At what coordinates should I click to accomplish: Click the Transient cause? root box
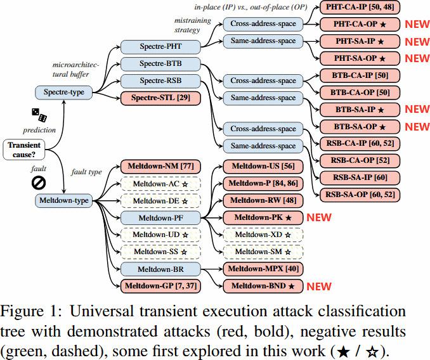pos(24,150)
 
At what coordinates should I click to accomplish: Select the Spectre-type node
pos(64,93)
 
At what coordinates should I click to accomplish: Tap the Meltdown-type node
pos(64,200)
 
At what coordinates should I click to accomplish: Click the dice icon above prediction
pos(39,115)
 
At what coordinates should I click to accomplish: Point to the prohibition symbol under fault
pos(39,183)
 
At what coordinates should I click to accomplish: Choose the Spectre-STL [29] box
pos(160,98)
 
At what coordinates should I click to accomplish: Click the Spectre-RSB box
pos(160,81)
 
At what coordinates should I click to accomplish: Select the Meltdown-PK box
pos(263,218)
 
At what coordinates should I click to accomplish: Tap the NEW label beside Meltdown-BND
pos(319,286)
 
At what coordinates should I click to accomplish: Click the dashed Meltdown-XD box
pos(263,235)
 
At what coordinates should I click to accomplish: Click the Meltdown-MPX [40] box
pos(263,269)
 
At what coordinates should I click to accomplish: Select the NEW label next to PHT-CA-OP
pos(417,24)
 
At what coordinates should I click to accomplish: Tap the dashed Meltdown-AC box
pos(160,184)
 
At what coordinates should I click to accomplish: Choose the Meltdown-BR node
pos(160,269)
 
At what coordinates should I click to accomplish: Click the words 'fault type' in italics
pos(86,172)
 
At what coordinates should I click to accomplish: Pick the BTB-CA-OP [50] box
pos(360,93)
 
